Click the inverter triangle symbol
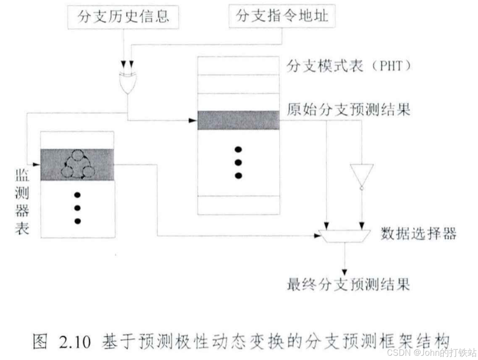tap(362, 175)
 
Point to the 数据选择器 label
tap(419, 234)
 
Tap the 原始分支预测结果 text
tap(348, 111)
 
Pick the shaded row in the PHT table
tap(238, 120)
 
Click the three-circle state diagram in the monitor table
tap(78, 165)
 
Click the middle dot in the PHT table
tap(239, 163)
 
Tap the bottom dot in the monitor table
tap(78, 221)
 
